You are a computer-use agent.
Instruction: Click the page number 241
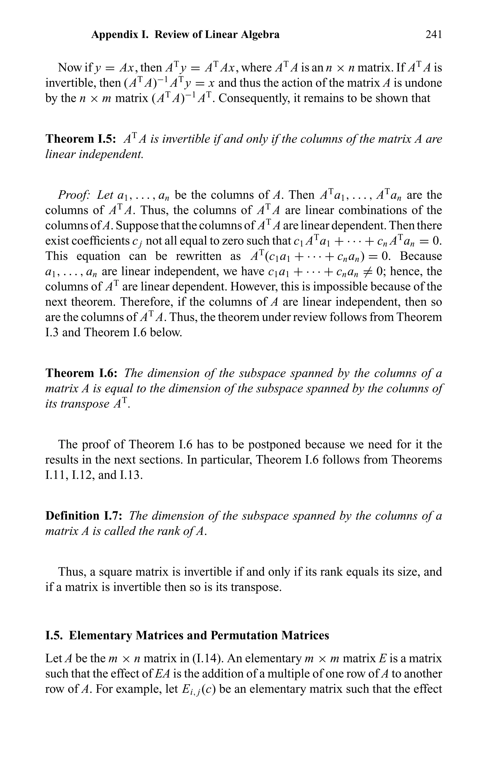(x=433, y=34)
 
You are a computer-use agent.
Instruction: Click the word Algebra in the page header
(x=260, y=34)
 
